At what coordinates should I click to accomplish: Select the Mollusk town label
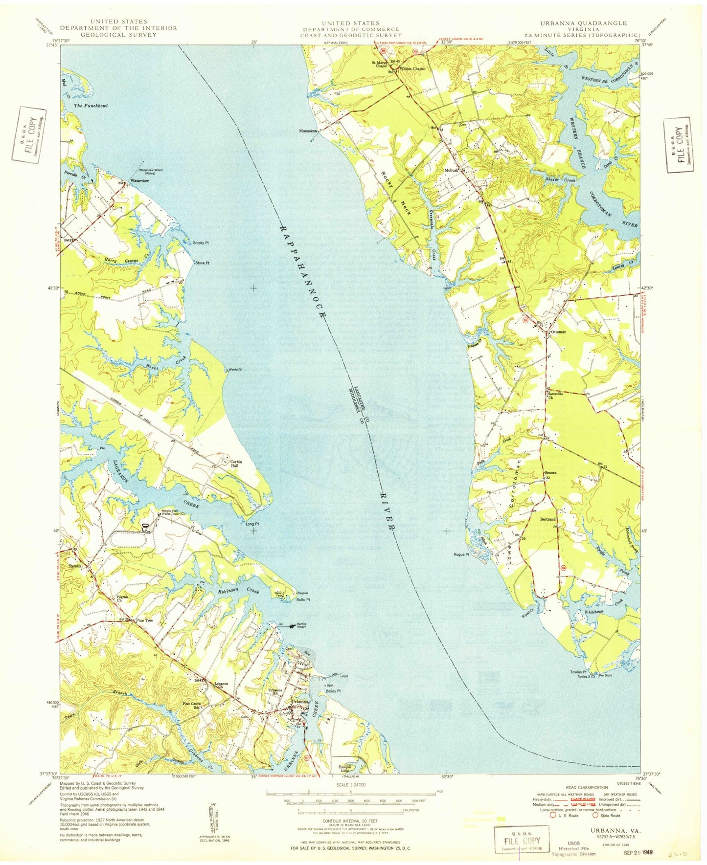pyautogui.click(x=451, y=170)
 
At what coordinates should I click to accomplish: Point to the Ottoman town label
pyautogui.click(x=558, y=332)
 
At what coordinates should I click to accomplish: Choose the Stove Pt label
pyautogui.click(x=202, y=263)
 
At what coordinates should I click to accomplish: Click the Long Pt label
pyautogui.click(x=252, y=524)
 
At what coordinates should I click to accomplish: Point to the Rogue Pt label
pyautogui.click(x=461, y=554)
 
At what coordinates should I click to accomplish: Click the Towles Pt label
pyautogui.click(x=578, y=672)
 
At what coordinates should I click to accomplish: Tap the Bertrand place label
pyautogui.click(x=547, y=519)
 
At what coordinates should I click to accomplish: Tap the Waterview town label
pyautogui.click(x=139, y=181)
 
